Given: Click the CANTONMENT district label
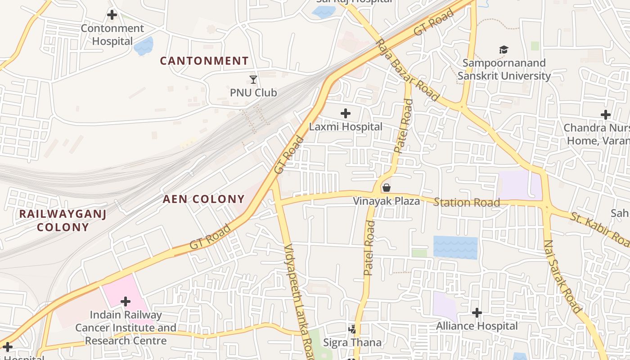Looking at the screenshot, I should [x=204, y=61].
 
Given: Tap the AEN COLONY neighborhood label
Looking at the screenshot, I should [x=203, y=199].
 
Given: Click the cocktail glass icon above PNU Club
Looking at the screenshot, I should [x=253, y=80].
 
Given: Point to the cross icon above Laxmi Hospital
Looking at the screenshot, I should [x=346, y=113].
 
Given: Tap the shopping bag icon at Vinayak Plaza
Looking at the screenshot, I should [x=386, y=188].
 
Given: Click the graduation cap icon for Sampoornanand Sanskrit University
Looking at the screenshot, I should [x=504, y=49].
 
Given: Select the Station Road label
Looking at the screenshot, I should [x=466, y=202].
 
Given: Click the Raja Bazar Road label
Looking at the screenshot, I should [x=408, y=70].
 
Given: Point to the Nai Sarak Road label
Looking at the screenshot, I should [x=562, y=276].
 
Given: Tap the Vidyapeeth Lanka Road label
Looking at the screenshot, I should [x=299, y=301].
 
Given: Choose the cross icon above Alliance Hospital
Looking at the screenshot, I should [x=477, y=312].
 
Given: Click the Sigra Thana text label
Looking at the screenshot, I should [x=352, y=342].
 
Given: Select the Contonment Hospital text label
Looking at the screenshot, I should [x=112, y=35].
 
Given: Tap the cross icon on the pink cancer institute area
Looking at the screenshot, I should [x=126, y=301].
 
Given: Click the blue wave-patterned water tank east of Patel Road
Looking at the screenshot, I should [x=455, y=247].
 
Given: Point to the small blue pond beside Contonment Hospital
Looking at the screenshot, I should [x=144, y=46].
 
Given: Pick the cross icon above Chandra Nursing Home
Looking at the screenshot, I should [x=606, y=115].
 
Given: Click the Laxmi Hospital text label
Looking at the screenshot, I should [x=346, y=127].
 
